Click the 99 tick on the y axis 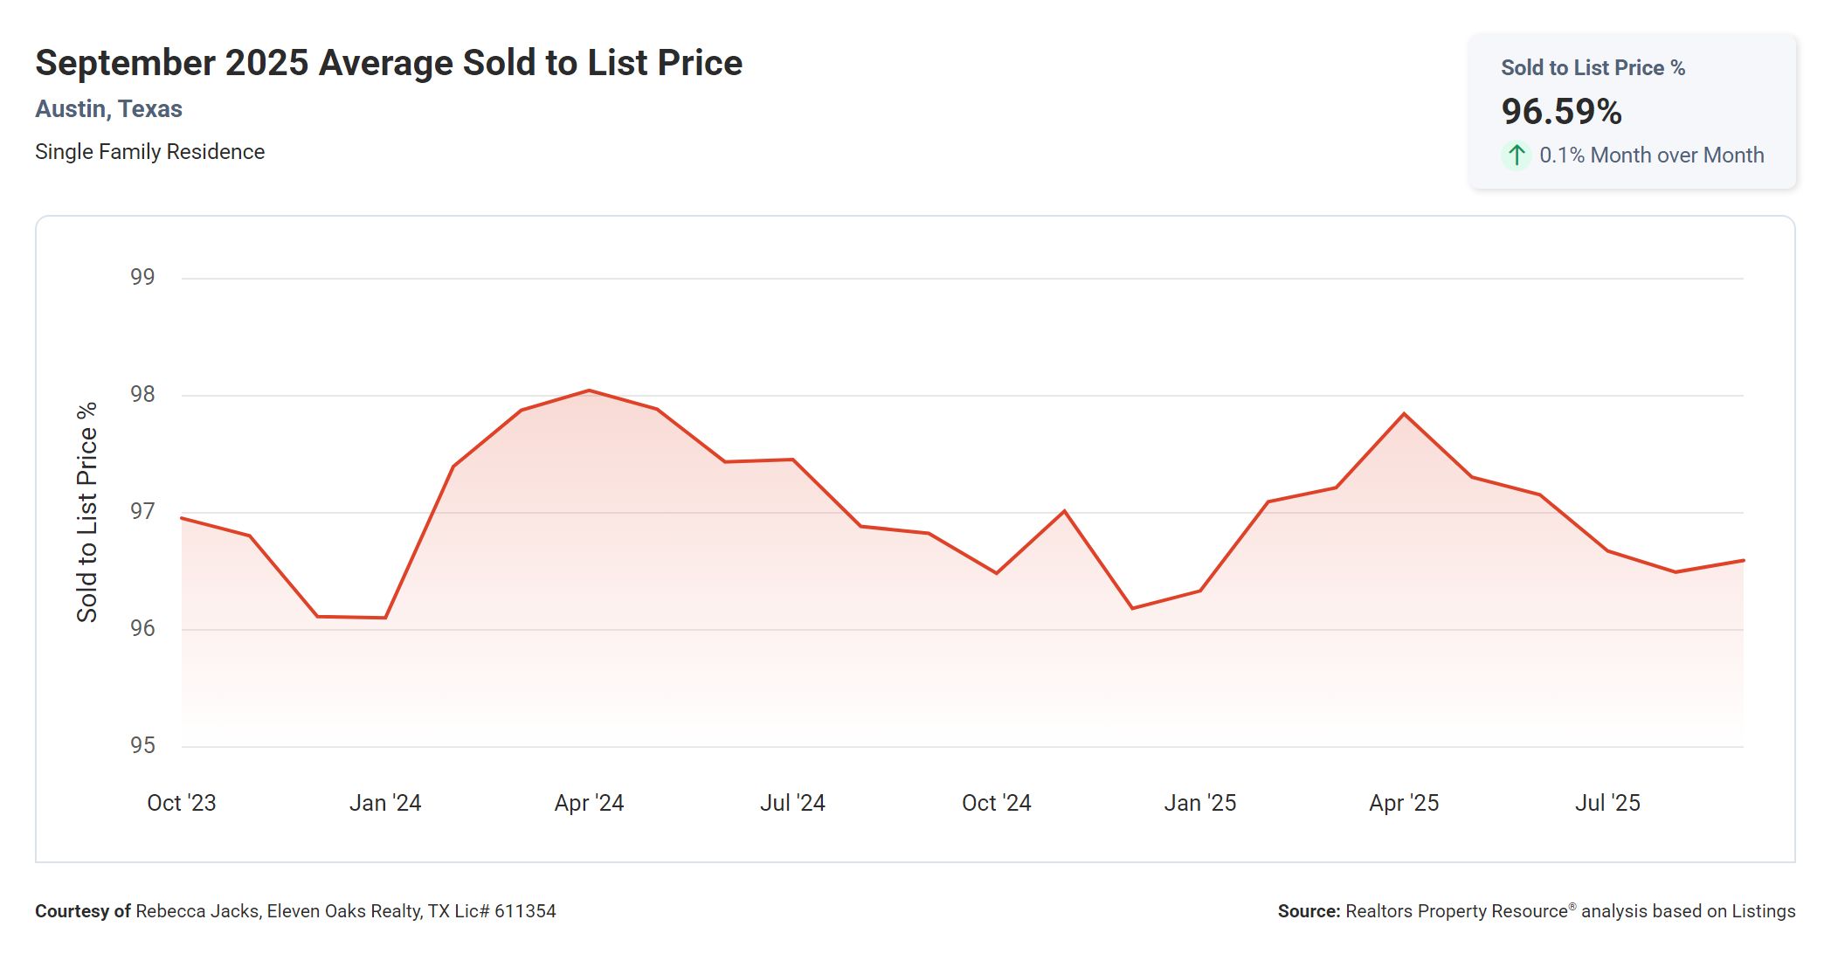pyautogui.click(x=142, y=277)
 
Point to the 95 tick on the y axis pyautogui.click(x=142, y=745)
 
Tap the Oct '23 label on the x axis pyautogui.click(x=182, y=803)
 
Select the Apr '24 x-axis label pyautogui.click(x=589, y=803)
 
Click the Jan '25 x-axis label pyautogui.click(x=1199, y=803)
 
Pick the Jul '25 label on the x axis pyautogui.click(x=1607, y=803)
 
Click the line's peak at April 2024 pyautogui.click(x=589, y=391)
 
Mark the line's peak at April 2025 pyautogui.click(x=1404, y=413)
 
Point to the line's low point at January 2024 pyautogui.click(x=385, y=618)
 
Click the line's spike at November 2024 pyautogui.click(x=1064, y=511)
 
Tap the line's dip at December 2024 pyautogui.click(x=1132, y=608)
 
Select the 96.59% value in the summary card pyautogui.click(x=1561, y=112)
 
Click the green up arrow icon pyautogui.click(x=1517, y=156)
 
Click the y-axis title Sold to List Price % pyautogui.click(x=87, y=512)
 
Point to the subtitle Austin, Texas pyautogui.click(x=108, y=109)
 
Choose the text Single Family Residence pyautogui.click(x=149, y=152)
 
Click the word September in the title pyautogui.click(x=125, y=63)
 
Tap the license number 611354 pyautogui.click(x=525, y=911)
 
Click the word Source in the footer pyautogui.click(x=1308, y=911)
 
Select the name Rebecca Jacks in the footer pyautogui.click(x=197, y=911)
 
